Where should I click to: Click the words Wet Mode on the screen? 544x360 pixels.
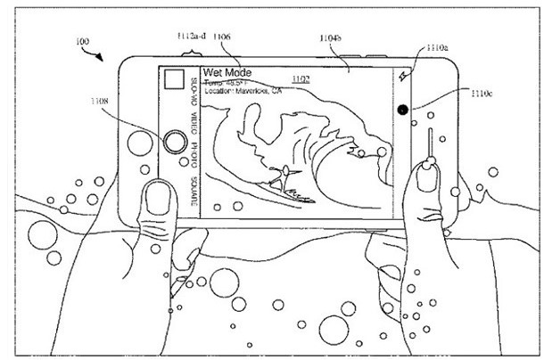228,72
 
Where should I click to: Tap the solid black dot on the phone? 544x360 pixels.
403,110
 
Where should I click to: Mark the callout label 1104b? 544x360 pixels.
332,38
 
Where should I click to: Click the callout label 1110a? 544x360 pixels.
437,47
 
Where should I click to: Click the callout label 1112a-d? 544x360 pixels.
189,36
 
